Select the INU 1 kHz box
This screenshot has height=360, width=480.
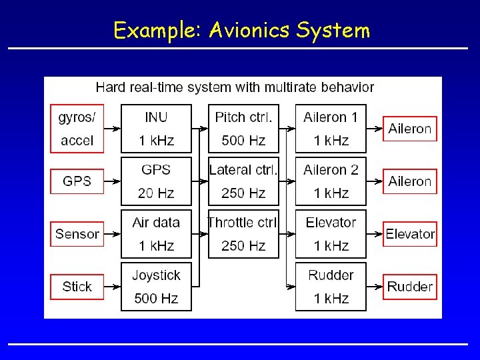156,129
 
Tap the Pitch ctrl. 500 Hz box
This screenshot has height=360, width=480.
243,129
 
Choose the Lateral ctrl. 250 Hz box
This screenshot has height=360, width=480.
243,181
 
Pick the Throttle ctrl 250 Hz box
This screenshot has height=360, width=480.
243,234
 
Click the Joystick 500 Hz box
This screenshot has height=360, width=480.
156,287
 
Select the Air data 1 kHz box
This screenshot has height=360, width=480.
156,234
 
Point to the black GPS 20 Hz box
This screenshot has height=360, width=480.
156,181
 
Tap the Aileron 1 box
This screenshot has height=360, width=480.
331,129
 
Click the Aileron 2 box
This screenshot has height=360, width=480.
331,181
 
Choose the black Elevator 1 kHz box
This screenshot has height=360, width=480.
331,234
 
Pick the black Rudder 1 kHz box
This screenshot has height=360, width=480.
331,287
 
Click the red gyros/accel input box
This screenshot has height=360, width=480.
77,129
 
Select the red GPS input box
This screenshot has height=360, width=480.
77,181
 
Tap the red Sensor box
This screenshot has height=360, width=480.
77,234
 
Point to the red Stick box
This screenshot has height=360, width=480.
77,287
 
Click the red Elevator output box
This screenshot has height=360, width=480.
410,234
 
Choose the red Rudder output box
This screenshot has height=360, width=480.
410,287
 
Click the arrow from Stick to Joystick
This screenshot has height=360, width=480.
113,287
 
